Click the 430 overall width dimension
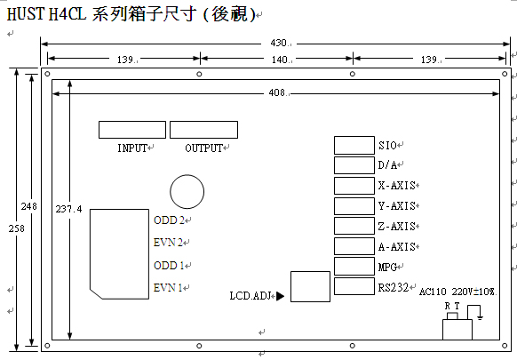pos(279,43)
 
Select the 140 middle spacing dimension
pos(280,60)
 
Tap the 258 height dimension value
pos(17,228)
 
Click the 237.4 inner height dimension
pos(68,209)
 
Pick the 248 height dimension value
pos(29,206)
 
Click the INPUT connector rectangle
pos(132,130)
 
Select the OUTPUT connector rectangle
pos(203,130)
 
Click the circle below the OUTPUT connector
pos(187,175)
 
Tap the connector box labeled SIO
pos(354,145)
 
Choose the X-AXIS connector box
pos(354,186)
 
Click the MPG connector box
pos(354,267)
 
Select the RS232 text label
pos(394,287)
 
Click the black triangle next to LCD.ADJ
pos(280,296)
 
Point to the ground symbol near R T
pos(481,317)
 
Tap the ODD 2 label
pos(169,220)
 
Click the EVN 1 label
pos(168,288)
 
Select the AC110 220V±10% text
pos(457,292)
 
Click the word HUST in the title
pos(25,14)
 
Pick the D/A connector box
pos(354,165)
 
